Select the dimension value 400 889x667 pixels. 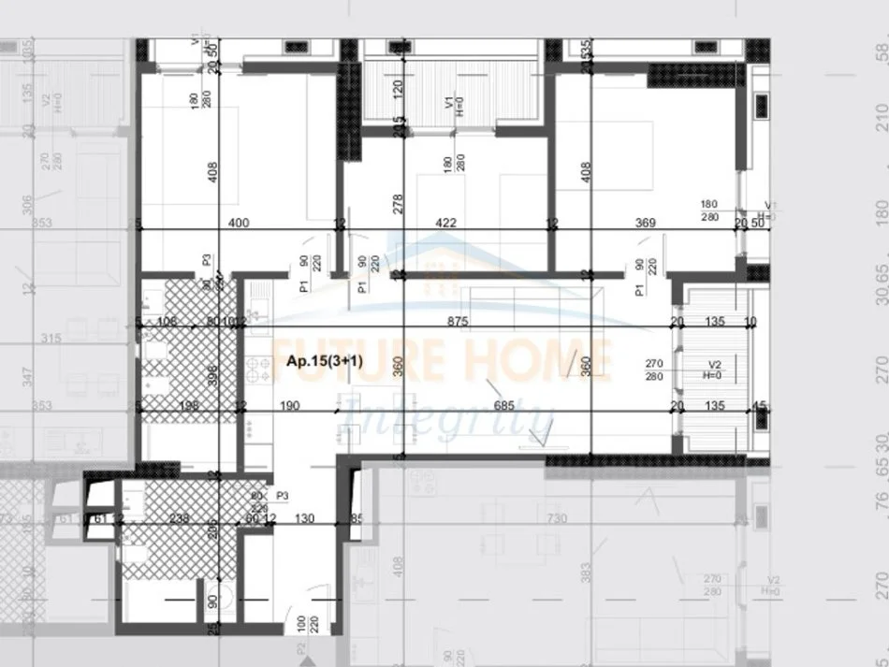[x=240, y=223]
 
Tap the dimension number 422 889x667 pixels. [x=446, y=223]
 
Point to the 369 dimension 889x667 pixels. [x=645, y=223]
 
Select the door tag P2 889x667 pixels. [x=303, y=648]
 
